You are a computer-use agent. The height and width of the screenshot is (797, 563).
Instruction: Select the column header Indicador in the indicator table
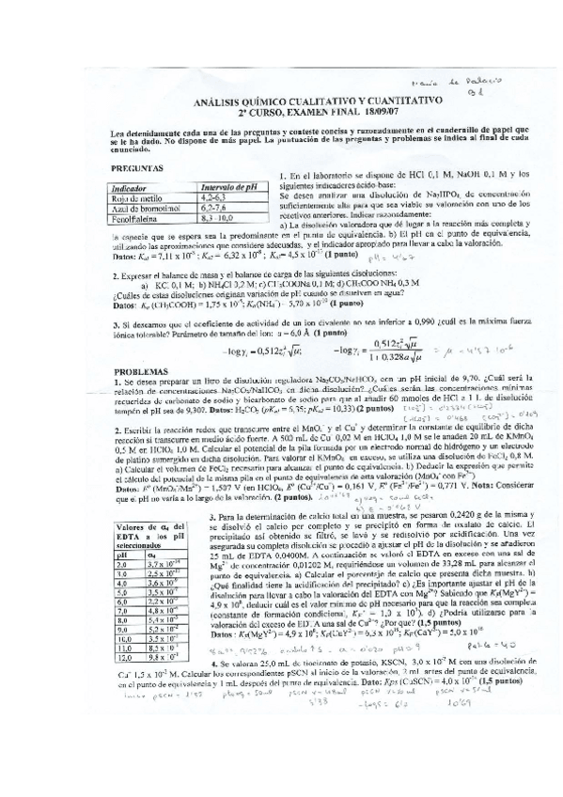click(x=133, y=187)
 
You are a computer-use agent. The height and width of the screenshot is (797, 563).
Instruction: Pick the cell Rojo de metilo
click(x=138, y=198)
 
